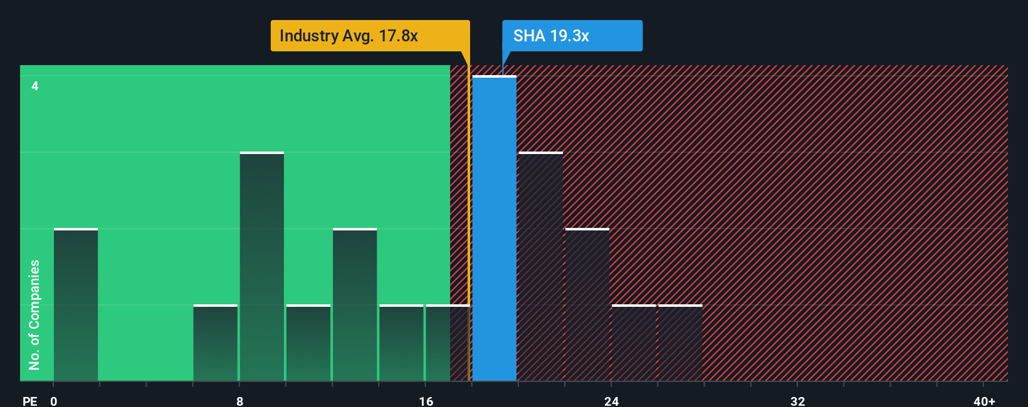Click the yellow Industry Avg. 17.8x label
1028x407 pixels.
point(370,36)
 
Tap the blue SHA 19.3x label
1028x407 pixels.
point(572,36)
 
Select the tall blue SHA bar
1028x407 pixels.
point(495,229)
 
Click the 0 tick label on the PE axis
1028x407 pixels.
point(54,401)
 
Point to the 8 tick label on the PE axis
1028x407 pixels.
point(239,401)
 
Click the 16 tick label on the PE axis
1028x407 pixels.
point(426,401)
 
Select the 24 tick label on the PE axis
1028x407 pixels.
point(611,401)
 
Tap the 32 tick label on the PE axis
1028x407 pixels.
point(797,401)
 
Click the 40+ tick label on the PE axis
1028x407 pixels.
point(984,401)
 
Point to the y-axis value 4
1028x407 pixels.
point(35,86)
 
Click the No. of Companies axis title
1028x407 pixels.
point(34,315)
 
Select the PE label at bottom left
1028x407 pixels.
point(30,401)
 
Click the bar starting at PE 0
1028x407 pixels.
point(76,304)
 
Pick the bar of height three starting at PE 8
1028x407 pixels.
point(261,266)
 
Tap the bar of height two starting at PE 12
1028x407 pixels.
point(355,304)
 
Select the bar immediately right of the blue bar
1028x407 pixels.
point(540,266)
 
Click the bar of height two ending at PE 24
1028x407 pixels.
point(587,304)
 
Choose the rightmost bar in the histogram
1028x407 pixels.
point(680,343)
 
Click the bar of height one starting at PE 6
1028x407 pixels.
point(215,343)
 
